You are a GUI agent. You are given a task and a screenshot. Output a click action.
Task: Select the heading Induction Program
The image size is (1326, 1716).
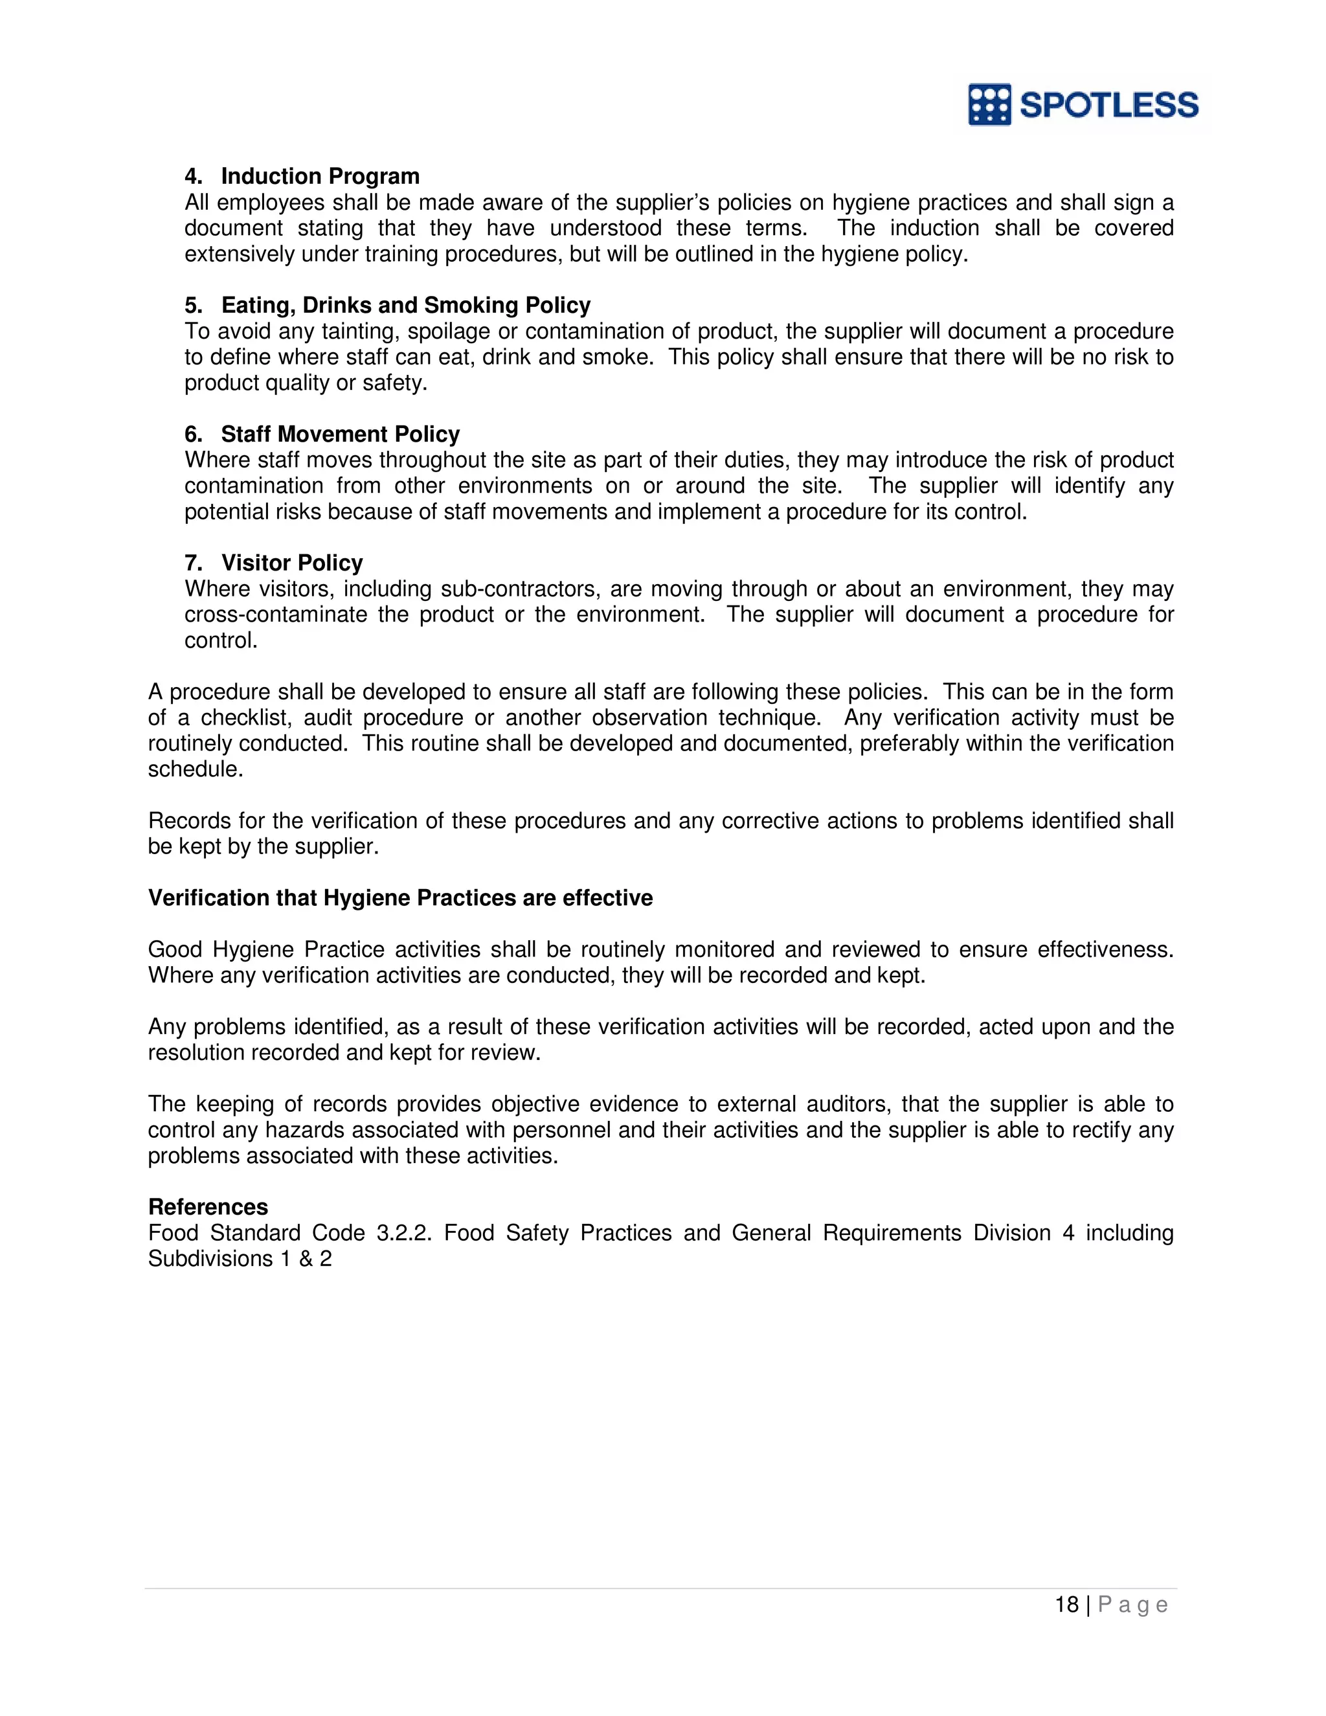(x=320, y=176)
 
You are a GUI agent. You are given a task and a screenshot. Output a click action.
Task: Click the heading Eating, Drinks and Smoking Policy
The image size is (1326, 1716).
(x=405, y=305)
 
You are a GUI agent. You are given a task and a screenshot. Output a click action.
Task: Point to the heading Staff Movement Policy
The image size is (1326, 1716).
(x=339, y=434)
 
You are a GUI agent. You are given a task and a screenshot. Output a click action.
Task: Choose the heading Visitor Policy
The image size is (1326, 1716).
(x=291, y=563)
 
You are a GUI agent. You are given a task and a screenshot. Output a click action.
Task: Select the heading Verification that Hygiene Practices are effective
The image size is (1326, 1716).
(x=400, y=898)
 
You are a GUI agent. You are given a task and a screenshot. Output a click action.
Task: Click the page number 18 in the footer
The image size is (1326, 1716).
(x=1066, y=1605)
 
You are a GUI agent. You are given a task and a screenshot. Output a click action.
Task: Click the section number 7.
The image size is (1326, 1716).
(x=192, y=563)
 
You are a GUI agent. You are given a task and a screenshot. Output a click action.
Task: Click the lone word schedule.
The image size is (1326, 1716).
(x=195, y=769)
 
